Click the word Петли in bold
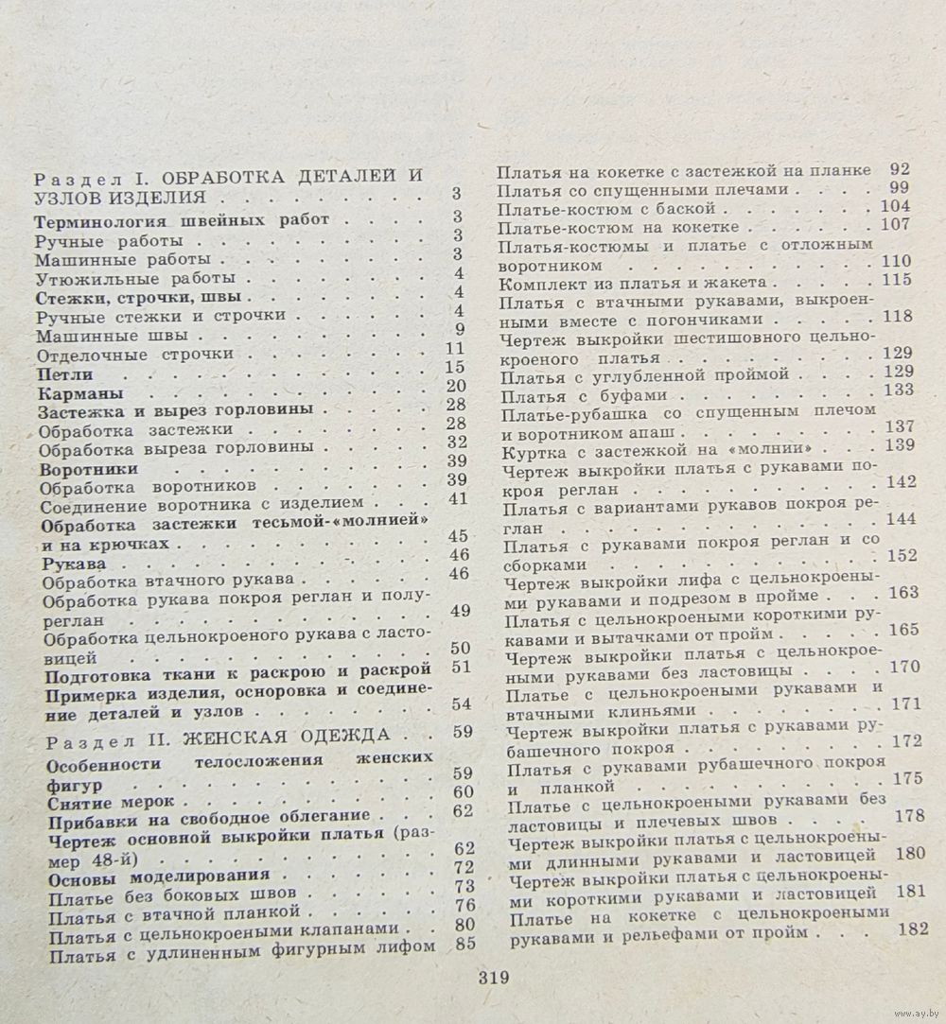pos(65,375)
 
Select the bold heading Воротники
pos(90,469)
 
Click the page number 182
pos(910,929)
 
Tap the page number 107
pos(894,225)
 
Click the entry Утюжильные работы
pos(134,280)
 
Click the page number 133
pos(896,390)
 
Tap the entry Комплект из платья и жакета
pos(639,283)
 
